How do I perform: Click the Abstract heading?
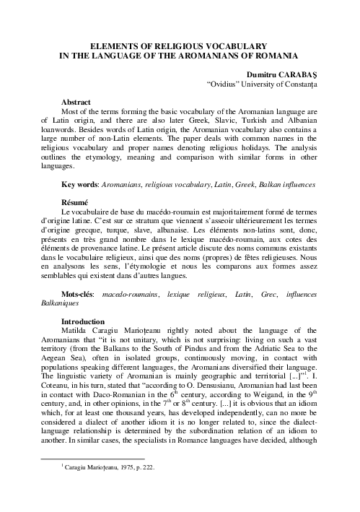click(76, 103)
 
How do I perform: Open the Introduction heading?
click(82, 321)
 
